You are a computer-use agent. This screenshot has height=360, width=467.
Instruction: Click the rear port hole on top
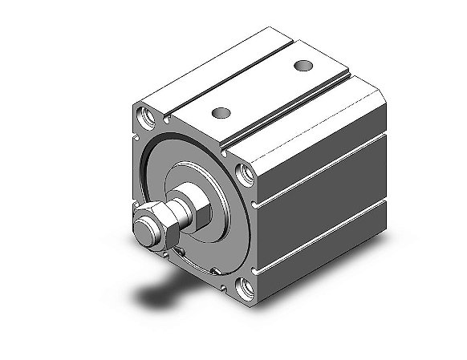coord(303,65)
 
